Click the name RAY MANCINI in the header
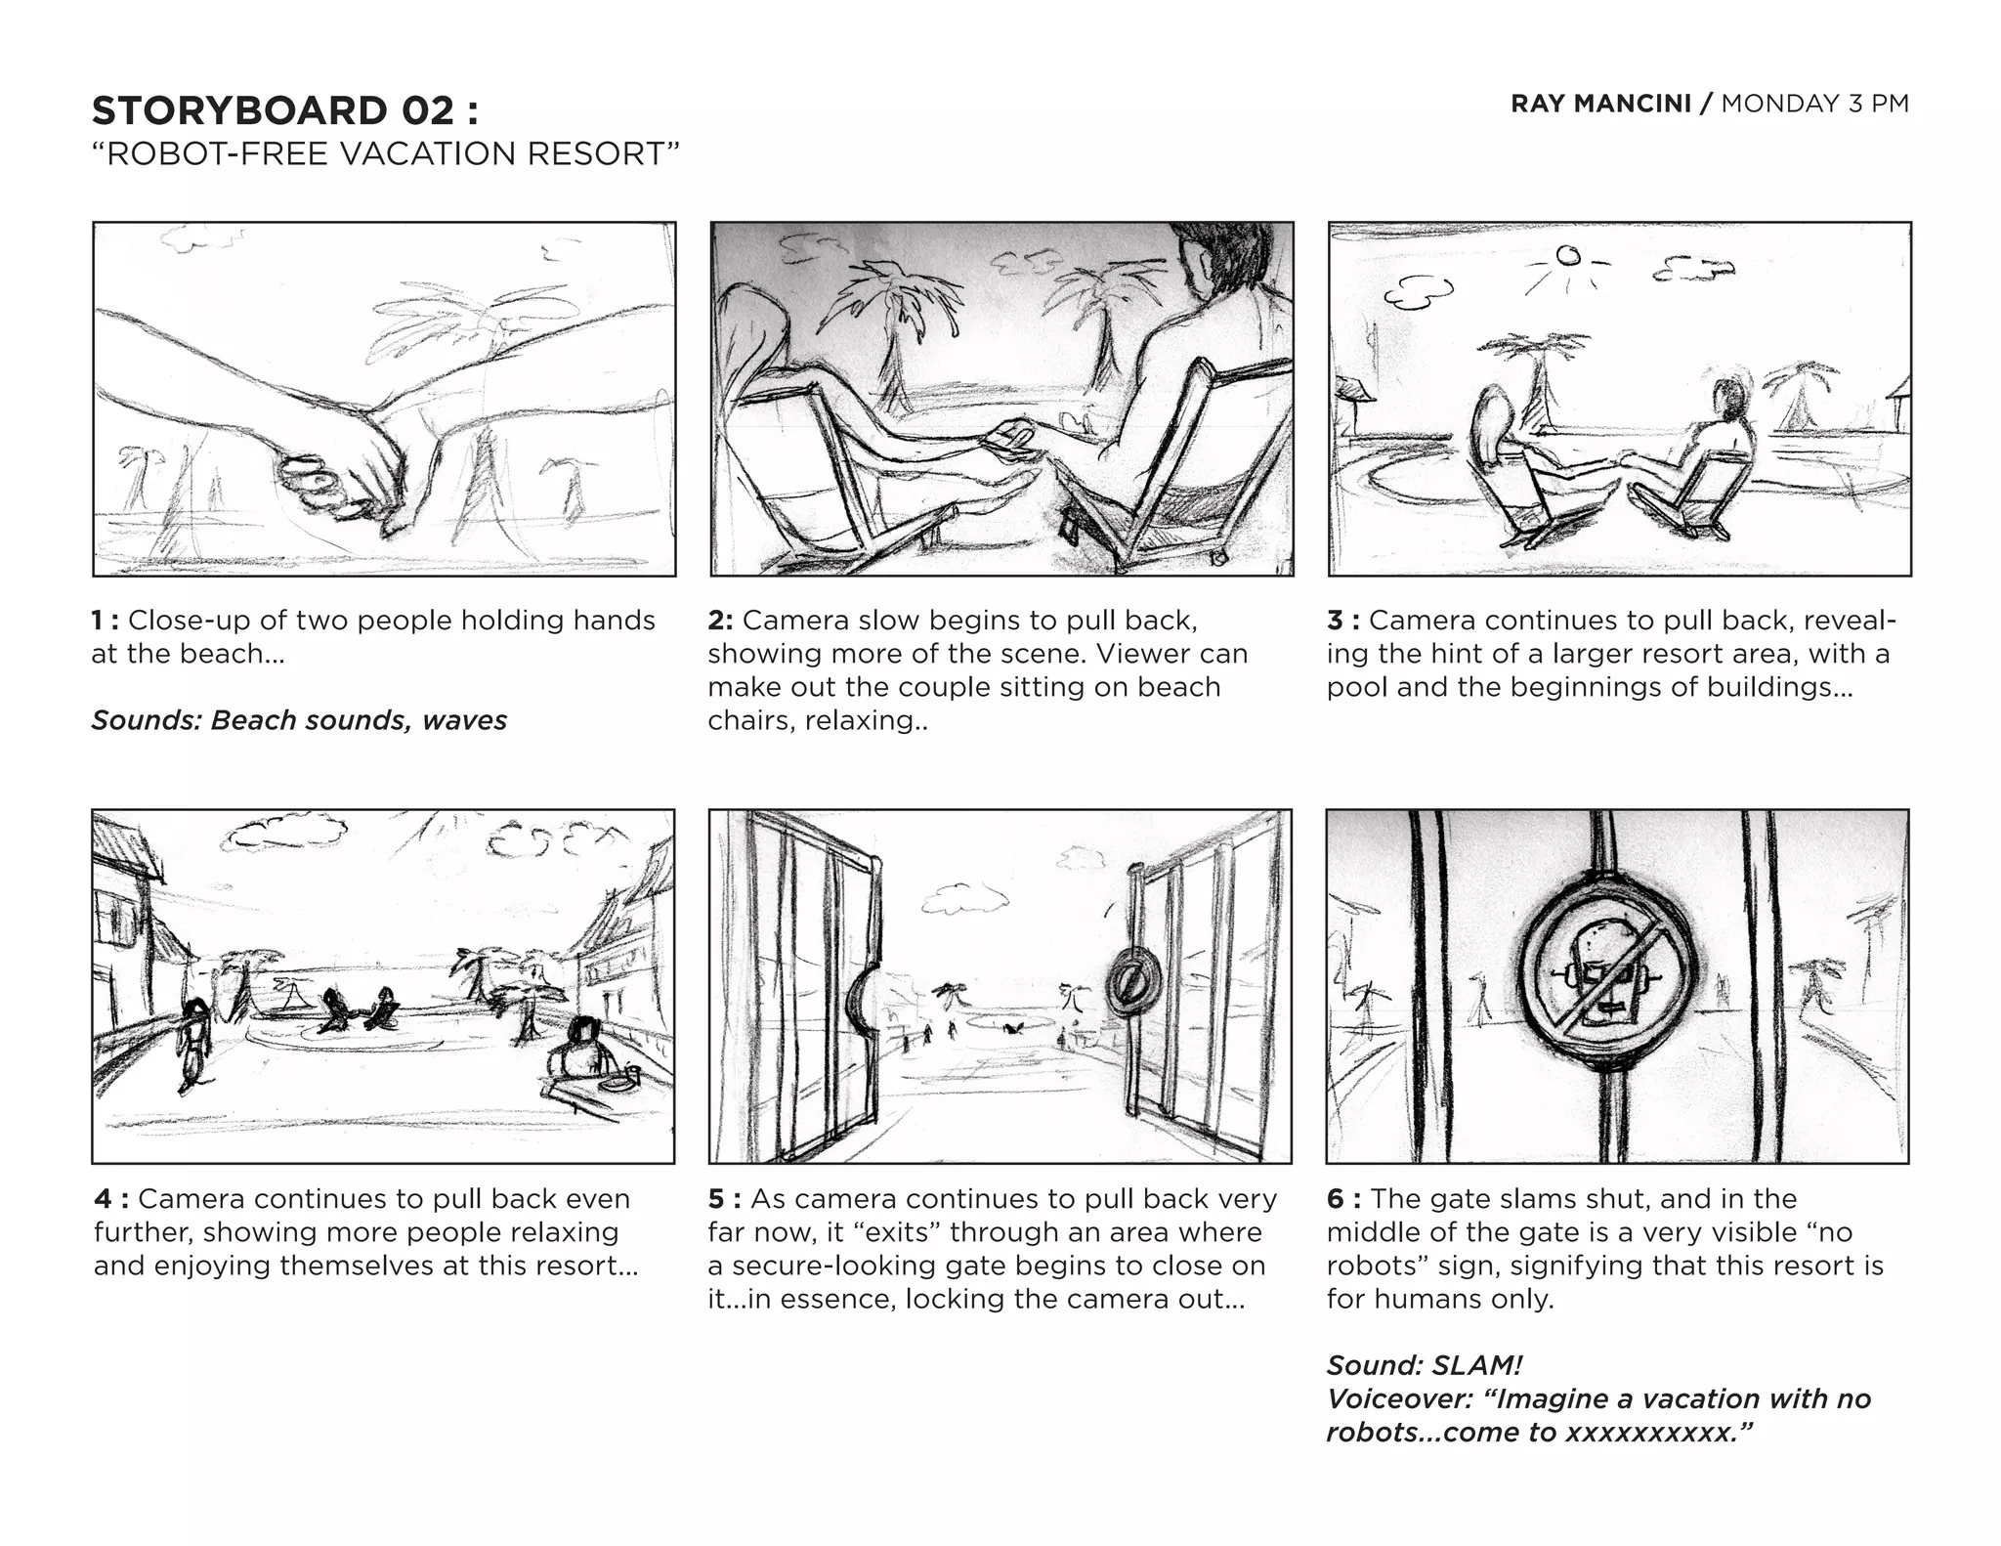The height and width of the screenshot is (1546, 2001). (1599, 104)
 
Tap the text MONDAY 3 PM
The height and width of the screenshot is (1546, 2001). (1814, 104)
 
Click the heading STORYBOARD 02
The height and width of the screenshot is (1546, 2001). (284, 110)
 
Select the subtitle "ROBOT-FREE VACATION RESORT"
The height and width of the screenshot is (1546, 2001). (385, 154)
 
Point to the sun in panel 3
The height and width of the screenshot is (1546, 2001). (1567, 256)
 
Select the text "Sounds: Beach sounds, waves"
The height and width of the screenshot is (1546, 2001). (299, 720)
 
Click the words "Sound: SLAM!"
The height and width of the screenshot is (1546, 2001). (1424, 1365)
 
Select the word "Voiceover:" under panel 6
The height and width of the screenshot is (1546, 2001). (1398, 1398)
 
